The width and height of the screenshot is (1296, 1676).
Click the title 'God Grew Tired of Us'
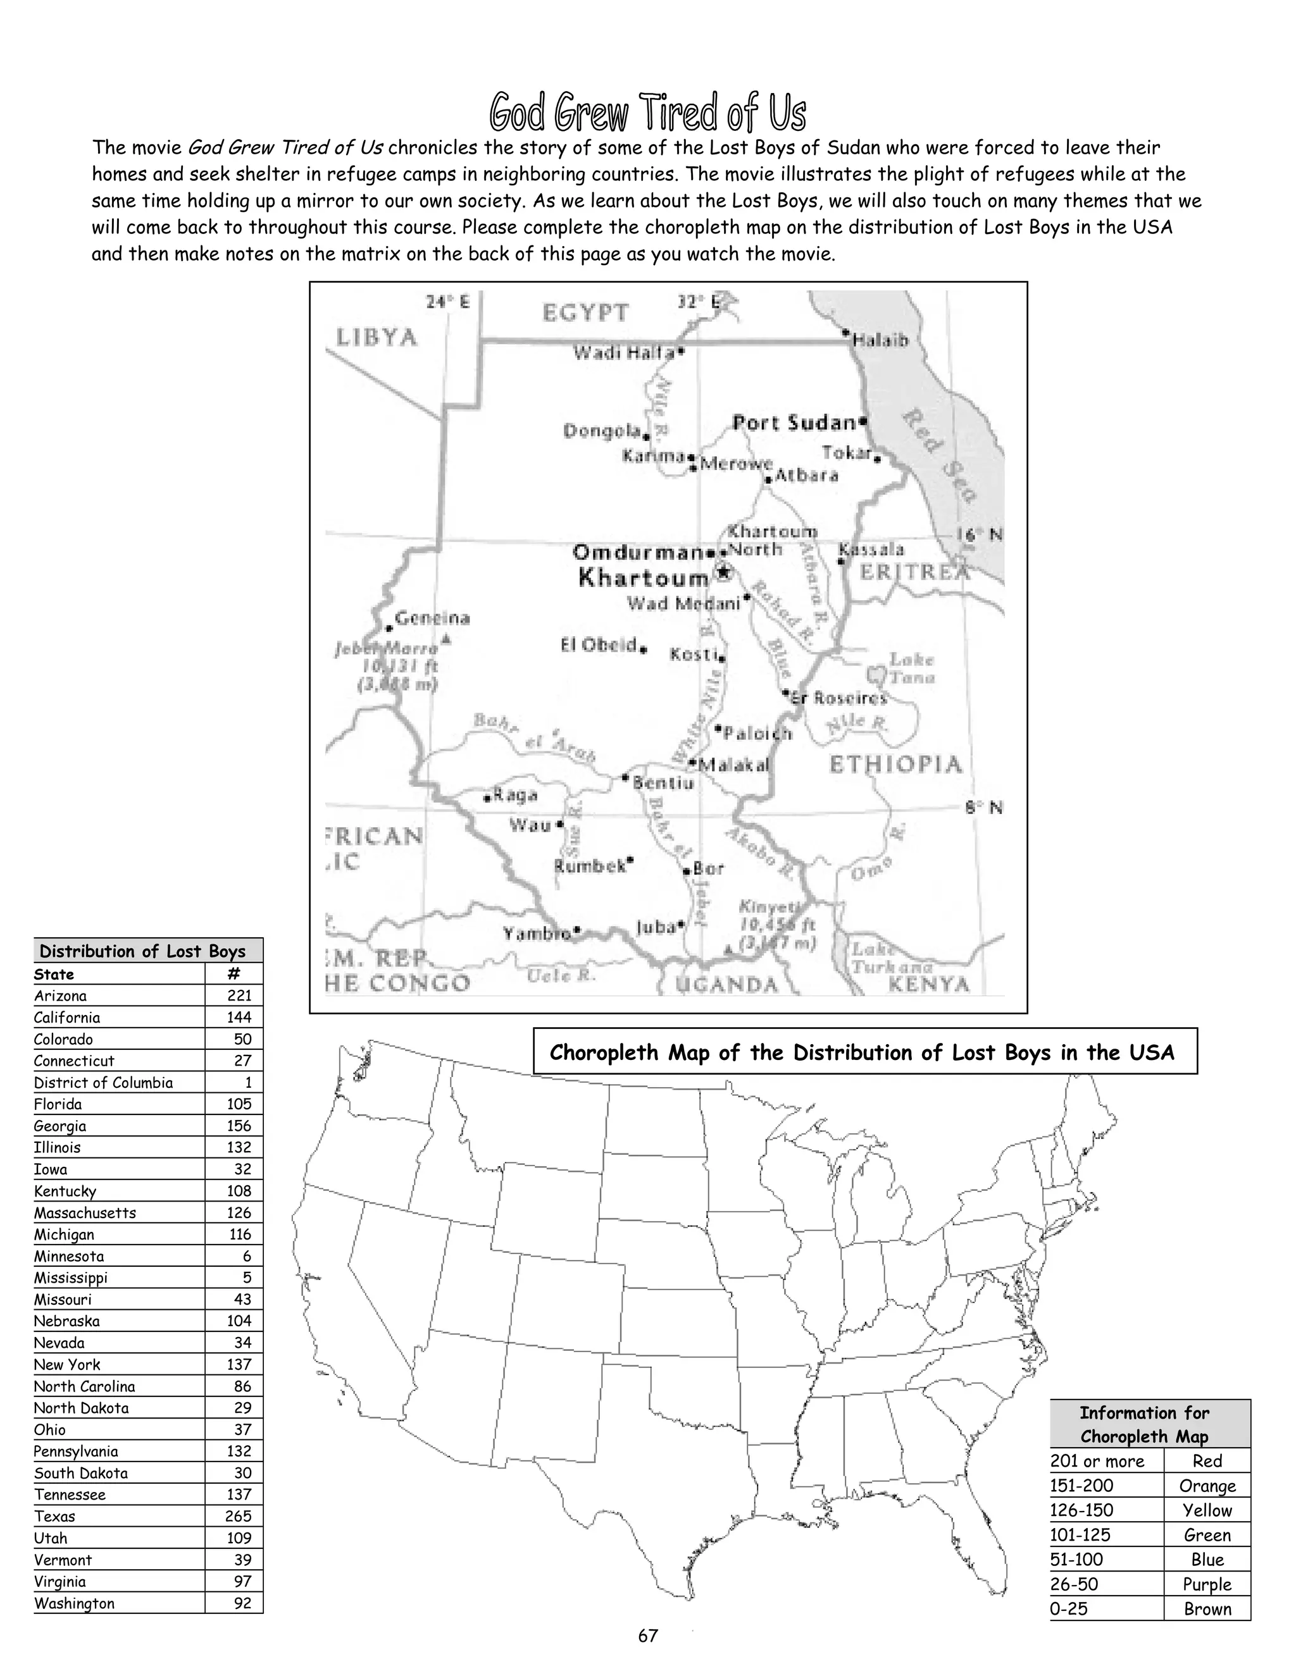click(x=647, y=113)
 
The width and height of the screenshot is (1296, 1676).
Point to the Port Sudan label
click(x=794, y=423)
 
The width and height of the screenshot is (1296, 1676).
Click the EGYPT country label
click(x=585, y=313)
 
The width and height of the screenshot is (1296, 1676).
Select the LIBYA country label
click(x=377, y=338)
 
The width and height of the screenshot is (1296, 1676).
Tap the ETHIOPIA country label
click(x=895, y=765)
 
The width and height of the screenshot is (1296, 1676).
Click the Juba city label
click(x=655, y=927)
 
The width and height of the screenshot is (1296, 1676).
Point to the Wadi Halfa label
click(x=623, y=353)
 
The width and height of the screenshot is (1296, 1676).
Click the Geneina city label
click(x=432, y=619)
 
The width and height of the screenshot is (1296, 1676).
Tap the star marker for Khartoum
click(x=723, y=572)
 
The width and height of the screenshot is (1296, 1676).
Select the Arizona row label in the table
click(x=61, y=996)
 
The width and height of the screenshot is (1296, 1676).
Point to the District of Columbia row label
click(x=104, y=1083)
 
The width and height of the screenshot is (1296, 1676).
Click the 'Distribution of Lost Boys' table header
click(x=143, y=952)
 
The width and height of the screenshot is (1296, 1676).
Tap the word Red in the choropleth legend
click(x=1207, y=1461)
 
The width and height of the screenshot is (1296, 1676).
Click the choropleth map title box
click(x=864, y=1052)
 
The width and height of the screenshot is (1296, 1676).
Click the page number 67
click(x=648, y=1636)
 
